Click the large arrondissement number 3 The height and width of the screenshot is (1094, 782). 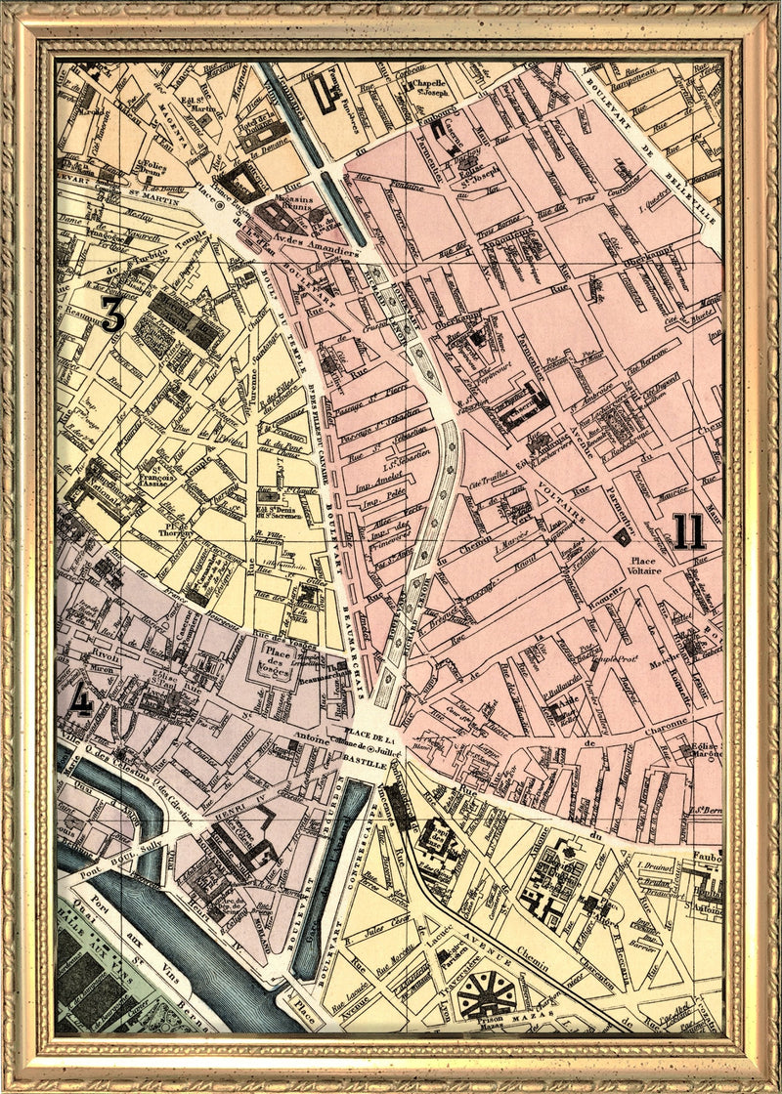[113, 314]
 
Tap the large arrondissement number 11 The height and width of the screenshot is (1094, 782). [688, 531]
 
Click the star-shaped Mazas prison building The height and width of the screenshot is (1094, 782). [486, 992]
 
